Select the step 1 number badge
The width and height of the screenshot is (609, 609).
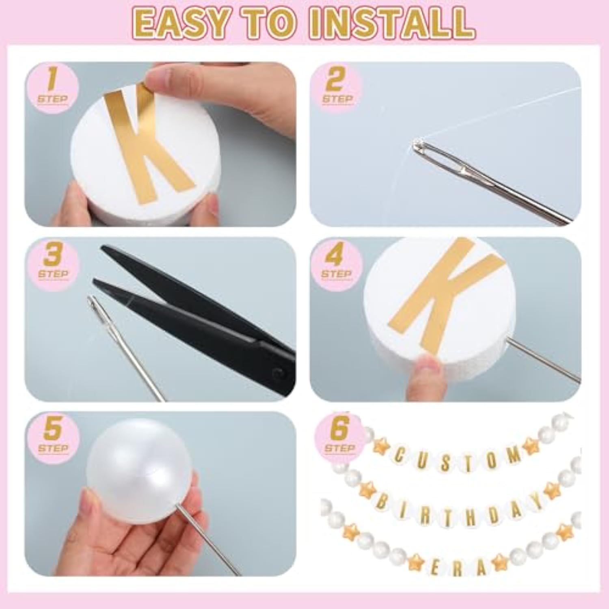(52, 85)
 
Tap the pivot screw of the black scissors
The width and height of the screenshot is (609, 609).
(277, 372)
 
